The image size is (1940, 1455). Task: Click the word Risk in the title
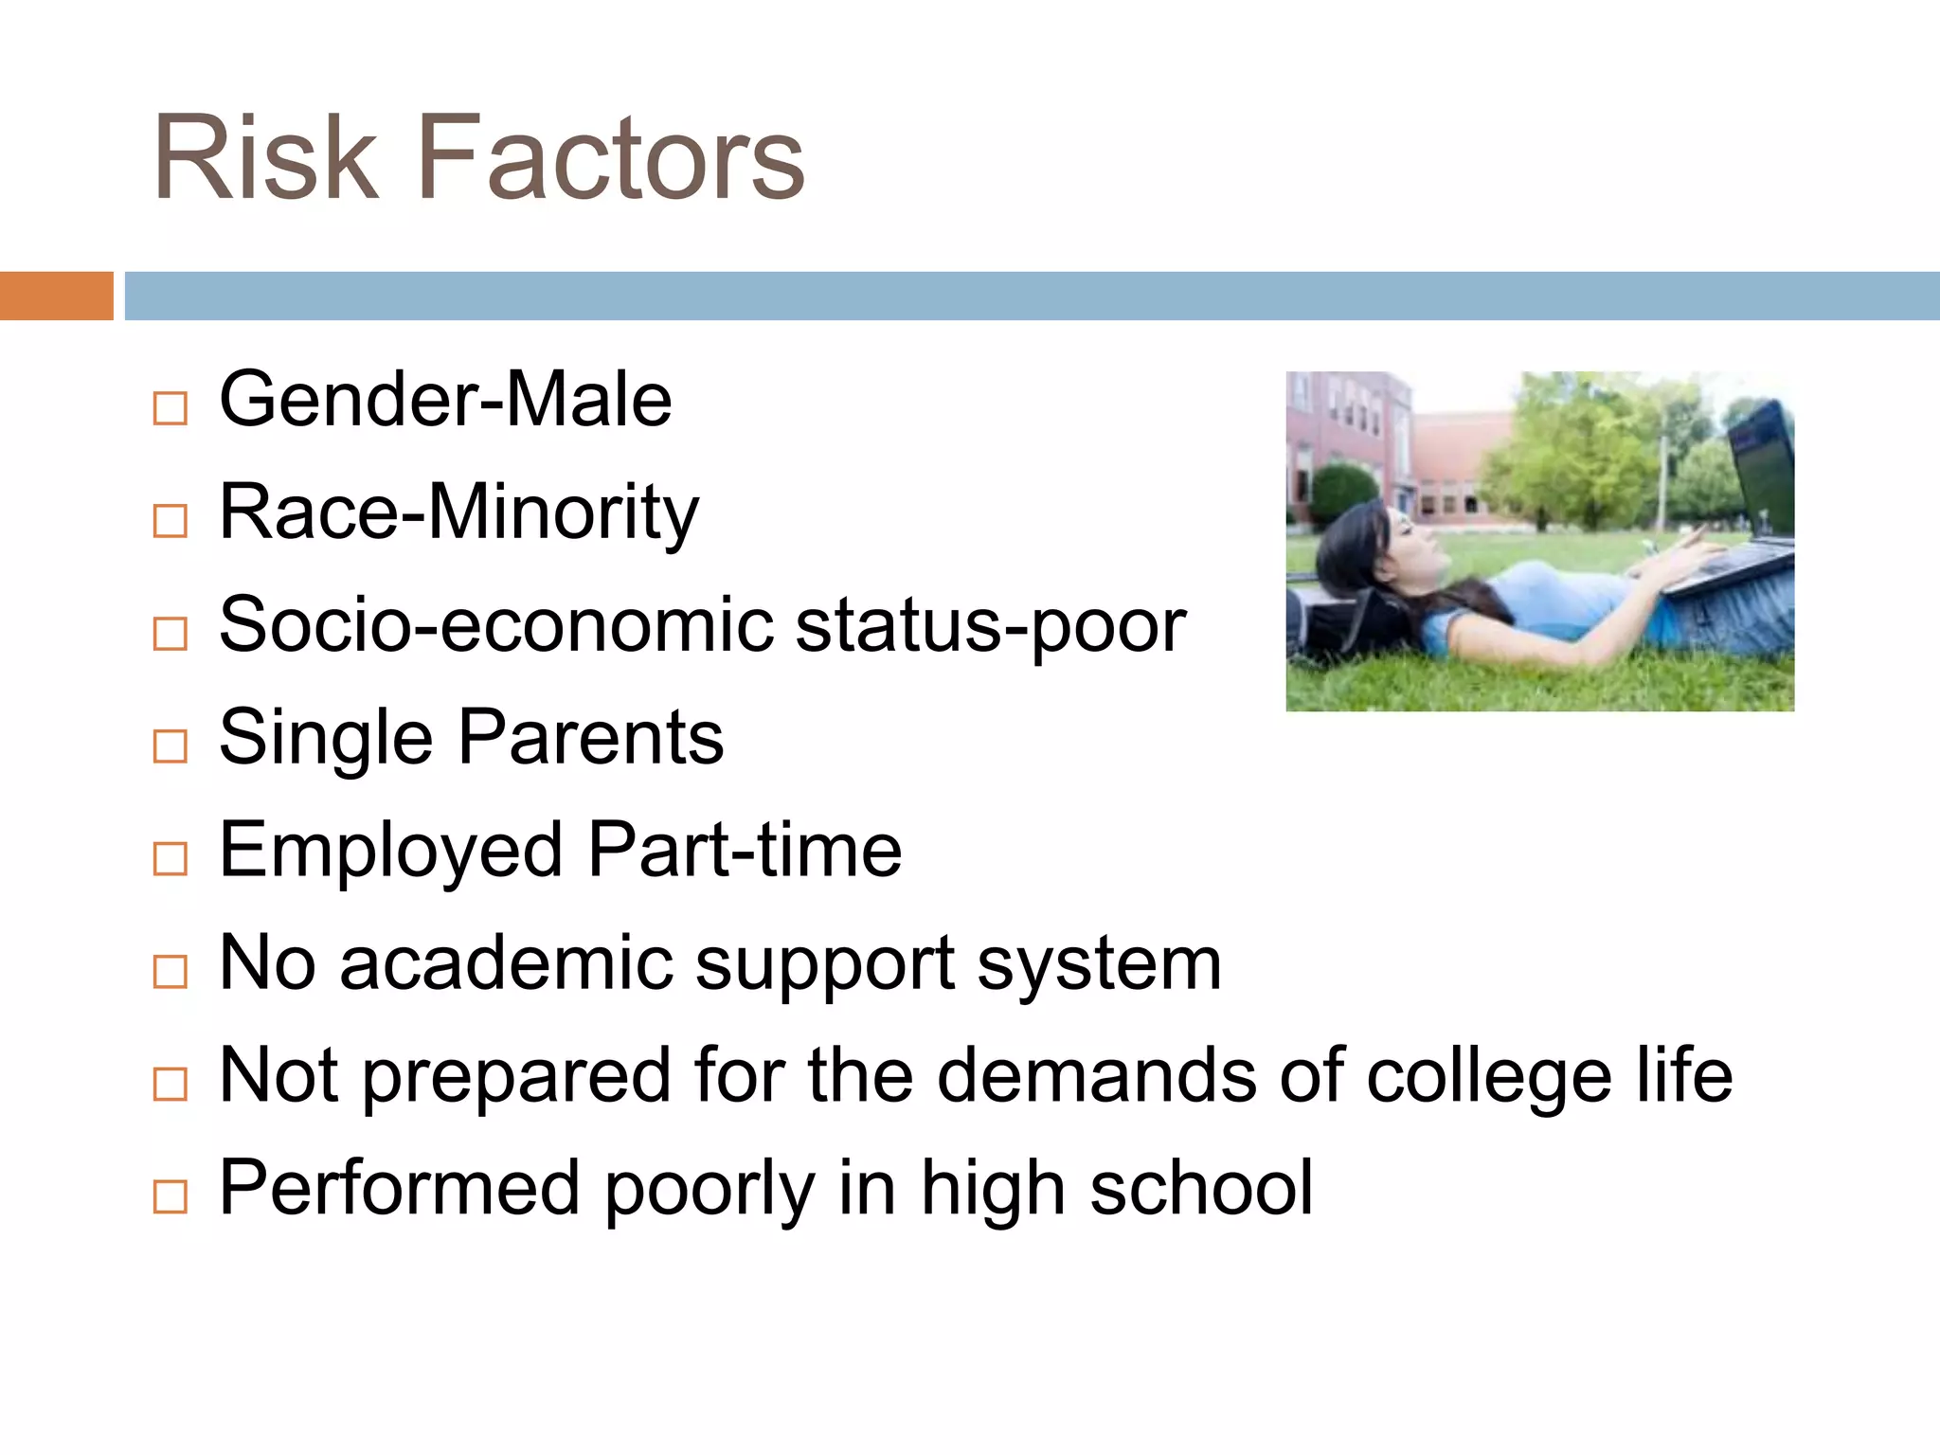(265, 159)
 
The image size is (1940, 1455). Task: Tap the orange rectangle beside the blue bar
(56, 296)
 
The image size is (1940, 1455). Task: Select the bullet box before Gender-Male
(171, 408)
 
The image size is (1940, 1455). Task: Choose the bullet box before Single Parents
(171, 746)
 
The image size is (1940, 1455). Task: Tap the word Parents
(591, 738)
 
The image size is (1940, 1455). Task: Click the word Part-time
(745, 850)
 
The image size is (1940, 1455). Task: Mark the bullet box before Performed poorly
(171, 1196)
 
